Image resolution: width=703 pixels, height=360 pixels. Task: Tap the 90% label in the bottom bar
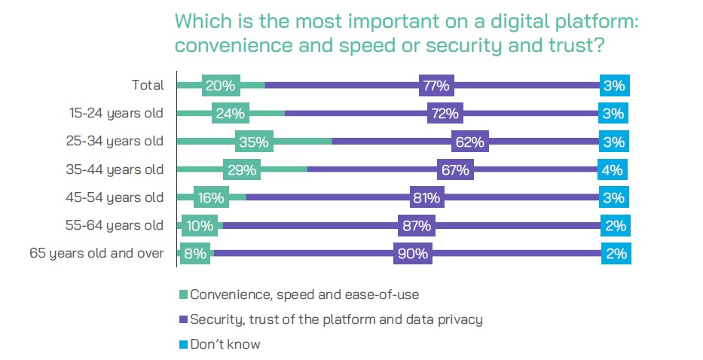pos(411,254)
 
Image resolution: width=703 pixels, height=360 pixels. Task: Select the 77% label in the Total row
pos(436,86)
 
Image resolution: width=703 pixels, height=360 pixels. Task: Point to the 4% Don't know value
pos(613,170)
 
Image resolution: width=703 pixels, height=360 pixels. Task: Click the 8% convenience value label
pos(195,254)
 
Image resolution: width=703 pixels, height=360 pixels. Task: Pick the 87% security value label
pos(416,226)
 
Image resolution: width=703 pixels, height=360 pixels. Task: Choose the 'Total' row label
pos(147,86)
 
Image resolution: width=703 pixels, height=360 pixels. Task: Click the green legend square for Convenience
pos(182,294)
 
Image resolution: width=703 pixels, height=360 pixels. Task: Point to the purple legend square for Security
pos(182,319)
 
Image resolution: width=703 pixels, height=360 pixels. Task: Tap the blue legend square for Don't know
pos(182,344)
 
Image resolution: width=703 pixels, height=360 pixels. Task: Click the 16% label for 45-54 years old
pos(210,198)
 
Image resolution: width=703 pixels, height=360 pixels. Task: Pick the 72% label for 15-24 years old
pos(444,114)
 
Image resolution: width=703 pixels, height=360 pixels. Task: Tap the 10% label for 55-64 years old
pos(199,226)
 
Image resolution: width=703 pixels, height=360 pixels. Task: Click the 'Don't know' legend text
pos(225,344)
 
